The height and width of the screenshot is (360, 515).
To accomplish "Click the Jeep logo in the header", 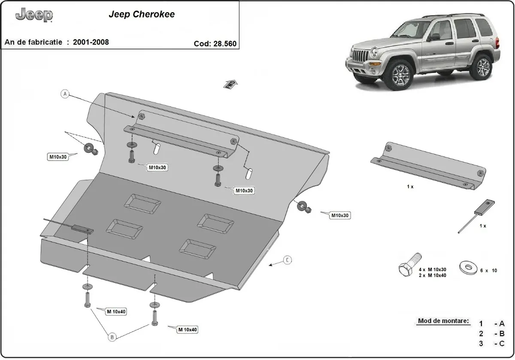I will pyautogui.click(x=34, y=15).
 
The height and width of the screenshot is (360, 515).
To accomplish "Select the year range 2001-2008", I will pyautogui.click(x=91, y=42).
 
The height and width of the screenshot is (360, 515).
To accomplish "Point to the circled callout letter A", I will pyautogui.click(x=65, y=94).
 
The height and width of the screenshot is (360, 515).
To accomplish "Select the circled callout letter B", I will pyautogui.click(x=112, y=337).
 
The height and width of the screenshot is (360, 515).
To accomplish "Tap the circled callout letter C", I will pyautogui.click(x=288, y=260).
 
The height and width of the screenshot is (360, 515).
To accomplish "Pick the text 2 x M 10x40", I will pyautogui.click(x=433, y=275).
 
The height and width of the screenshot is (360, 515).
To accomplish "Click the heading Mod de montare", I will pyautogui.click(x=443, y=321).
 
